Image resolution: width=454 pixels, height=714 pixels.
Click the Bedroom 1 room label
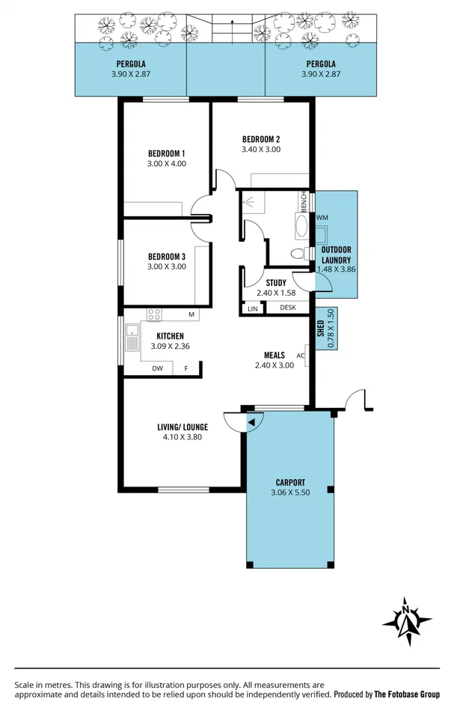coord(167,154)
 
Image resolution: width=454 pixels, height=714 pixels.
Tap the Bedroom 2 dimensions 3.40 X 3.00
coord(260,149)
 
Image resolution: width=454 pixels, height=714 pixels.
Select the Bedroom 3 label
coord(166,256)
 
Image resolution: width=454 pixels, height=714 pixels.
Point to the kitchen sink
coord(132,338)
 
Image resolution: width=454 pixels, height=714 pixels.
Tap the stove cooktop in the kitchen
coord(154,314)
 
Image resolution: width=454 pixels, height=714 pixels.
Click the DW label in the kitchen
coord(157,368)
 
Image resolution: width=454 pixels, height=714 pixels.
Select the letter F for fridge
coord(186,368)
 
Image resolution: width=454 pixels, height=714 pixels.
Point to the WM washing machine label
coord(322,218)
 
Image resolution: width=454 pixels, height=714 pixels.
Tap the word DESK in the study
coord(287,308)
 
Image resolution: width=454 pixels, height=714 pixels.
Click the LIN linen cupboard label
coord(252,308)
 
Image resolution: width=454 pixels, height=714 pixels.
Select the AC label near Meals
coord(301,356)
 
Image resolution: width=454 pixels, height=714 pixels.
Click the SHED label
coord(321,330)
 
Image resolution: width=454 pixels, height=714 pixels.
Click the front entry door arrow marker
coord(252,423)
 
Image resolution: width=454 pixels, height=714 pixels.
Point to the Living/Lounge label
coord(182,427)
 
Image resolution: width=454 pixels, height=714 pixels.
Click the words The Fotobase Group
coord(407,695)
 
